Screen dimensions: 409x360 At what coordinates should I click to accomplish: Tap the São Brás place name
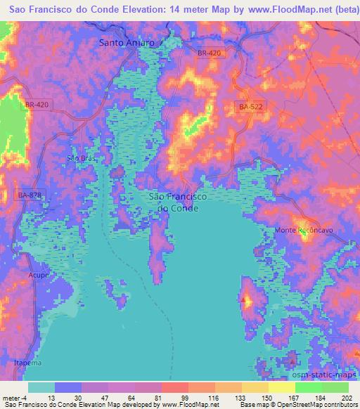(x=79, y=158)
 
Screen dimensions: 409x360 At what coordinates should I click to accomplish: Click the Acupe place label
(x=39, y=275)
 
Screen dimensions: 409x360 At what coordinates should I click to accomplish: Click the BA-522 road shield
(x=250, y=106)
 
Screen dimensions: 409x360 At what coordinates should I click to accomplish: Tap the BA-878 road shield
(x=30, y=195)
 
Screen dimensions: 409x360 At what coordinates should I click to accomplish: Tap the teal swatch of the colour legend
(x=41, y=387)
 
